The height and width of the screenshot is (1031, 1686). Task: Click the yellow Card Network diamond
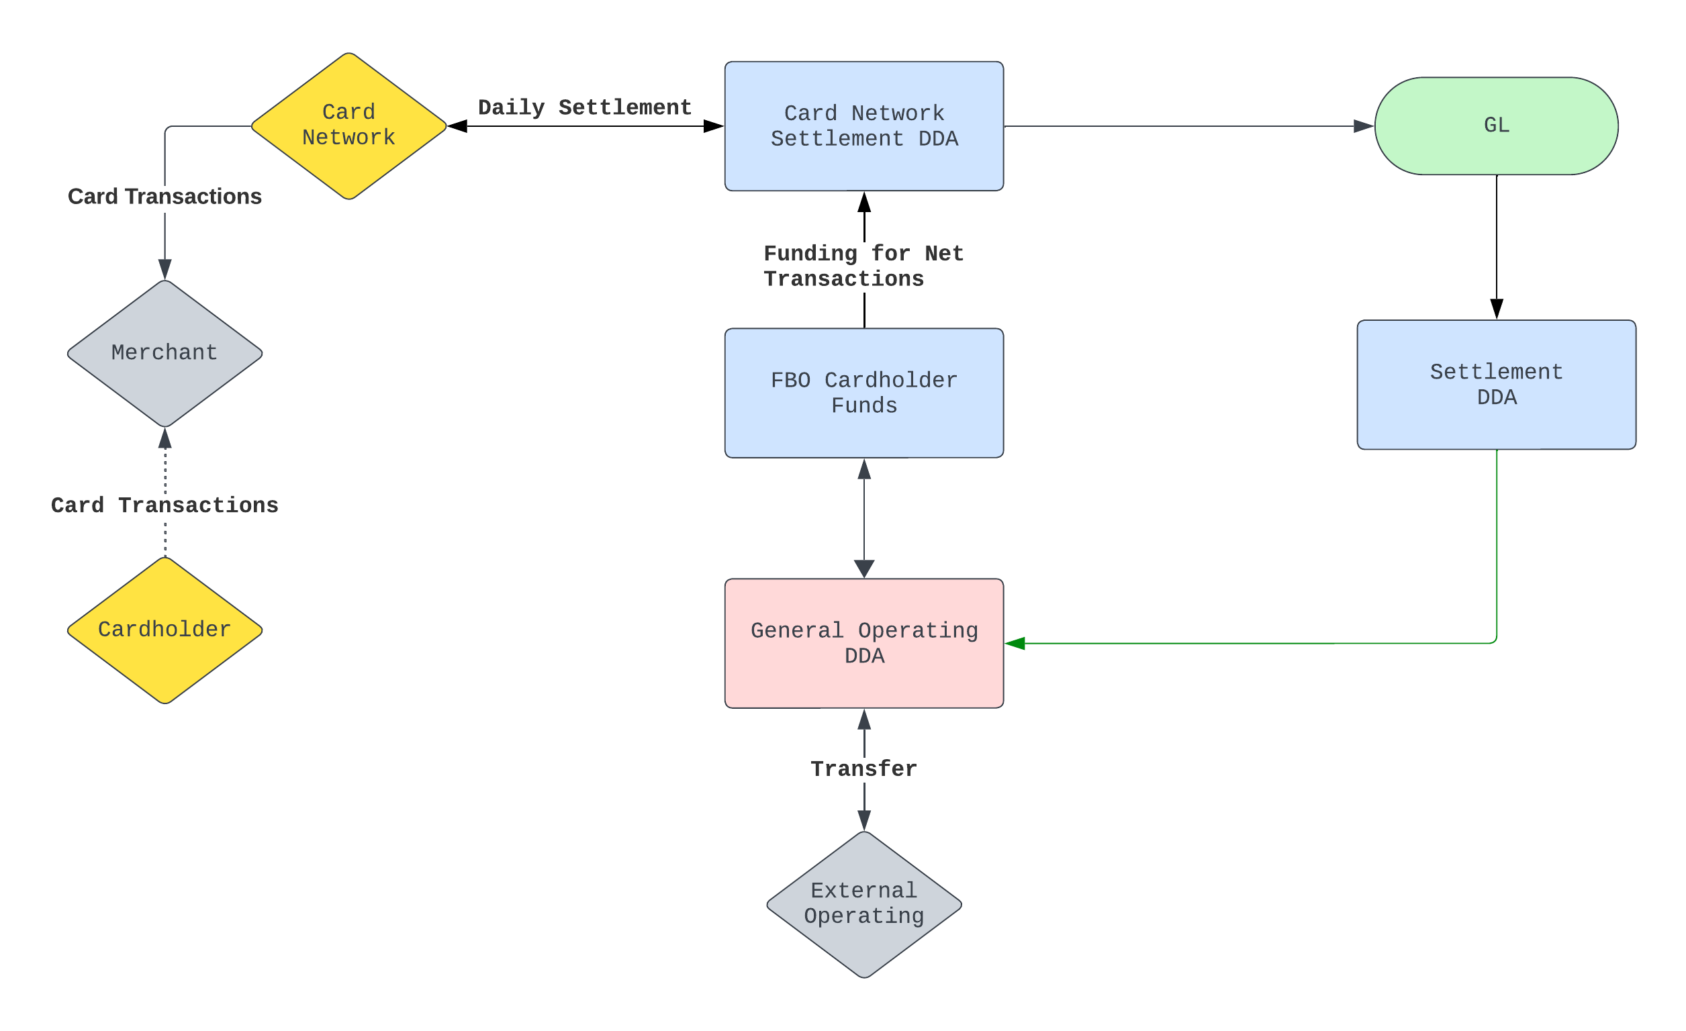click(x=349, y=126)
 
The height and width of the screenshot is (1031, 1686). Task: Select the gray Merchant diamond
click(x=165, y=354)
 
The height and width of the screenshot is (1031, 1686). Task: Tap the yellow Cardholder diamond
click(x=165, y=630)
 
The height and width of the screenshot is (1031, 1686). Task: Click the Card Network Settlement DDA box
click(x=864, y=126)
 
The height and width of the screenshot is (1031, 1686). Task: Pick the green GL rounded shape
click(x=1497, y=126)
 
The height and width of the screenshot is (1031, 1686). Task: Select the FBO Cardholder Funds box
click(x=864, y=393)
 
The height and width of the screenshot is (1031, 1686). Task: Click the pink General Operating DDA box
click(x=864, y=644)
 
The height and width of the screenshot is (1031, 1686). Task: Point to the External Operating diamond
click(x=864, y=904)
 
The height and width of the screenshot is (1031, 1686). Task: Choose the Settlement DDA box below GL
click(x=1497, y=385)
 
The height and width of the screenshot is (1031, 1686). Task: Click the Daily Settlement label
click(x=585, y=107)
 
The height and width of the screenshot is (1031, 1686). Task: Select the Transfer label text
click(x=864, y=769)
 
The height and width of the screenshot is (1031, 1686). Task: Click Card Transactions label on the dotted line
click(x=165, y=505)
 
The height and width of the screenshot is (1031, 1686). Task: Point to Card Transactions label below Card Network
click(x=165, y=197)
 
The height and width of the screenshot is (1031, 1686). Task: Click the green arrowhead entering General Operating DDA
click(x=1015, y=644)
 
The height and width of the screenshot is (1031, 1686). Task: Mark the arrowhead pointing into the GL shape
click(x=1364, y=126)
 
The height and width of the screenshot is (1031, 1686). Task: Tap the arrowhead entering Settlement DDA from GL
click(x=1497, y=309)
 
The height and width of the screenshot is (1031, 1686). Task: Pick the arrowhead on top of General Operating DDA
click(x=864, y=569)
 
